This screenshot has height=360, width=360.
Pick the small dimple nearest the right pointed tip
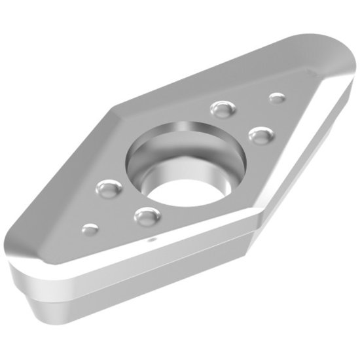point(277,98)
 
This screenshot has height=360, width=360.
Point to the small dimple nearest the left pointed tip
point(90,228)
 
